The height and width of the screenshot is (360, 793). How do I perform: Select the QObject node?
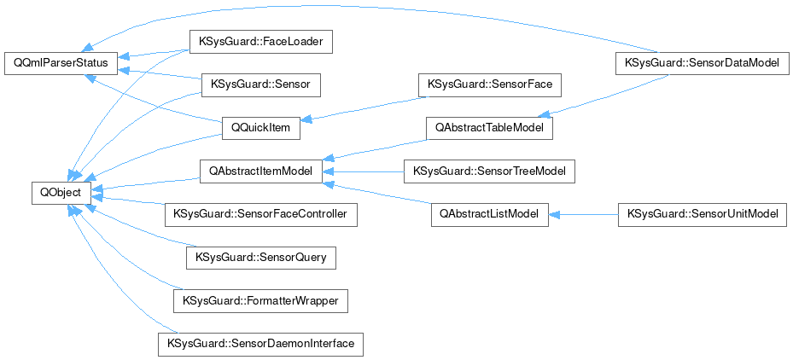pos(56,193)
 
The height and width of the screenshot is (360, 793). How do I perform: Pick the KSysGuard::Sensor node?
pos(259,85)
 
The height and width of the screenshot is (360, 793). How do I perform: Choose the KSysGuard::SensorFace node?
pos(489,85)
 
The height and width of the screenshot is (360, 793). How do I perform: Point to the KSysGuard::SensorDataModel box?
pos(703,63)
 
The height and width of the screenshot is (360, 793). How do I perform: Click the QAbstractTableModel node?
pos(490,128)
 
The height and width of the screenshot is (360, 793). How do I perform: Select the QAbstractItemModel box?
pos(259,171)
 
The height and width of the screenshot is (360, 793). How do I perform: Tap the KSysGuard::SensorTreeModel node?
pos(489,171)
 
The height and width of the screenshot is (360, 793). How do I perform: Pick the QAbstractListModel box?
pos(489,214)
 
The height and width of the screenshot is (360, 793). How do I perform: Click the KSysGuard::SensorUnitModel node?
pos(702,214)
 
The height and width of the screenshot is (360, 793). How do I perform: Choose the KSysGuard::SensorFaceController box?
pos(260,214)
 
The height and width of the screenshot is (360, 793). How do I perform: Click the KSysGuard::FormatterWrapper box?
pos(260,300)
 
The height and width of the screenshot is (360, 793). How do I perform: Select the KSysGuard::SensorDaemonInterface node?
pos(260,344)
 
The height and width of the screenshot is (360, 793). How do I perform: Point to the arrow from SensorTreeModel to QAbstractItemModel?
pos(363,171)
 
